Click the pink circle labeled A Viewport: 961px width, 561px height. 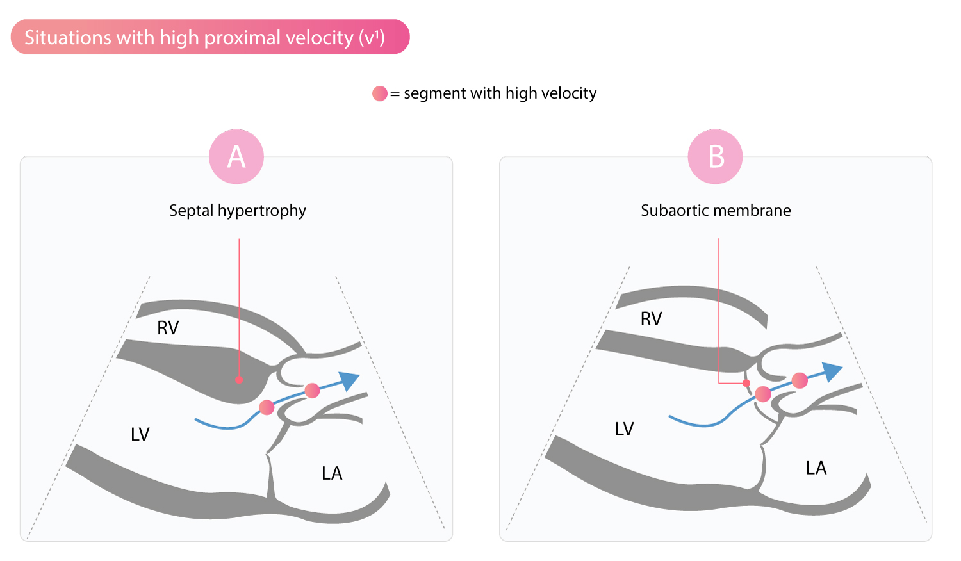(x=236, y=157)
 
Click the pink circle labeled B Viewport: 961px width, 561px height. (x=716, y=157)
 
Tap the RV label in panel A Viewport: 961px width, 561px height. (x=168, y=328)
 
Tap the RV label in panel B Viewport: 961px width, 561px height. (x=651, y=319)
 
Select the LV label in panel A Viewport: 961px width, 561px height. (x=140, y=435)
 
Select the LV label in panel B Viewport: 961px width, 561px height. (x=624, y=429)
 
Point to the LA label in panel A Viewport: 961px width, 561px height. (x=332, y=473)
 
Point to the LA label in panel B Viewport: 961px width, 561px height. (x=816, y=468)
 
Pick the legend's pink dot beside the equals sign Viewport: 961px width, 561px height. (x=380, y=93)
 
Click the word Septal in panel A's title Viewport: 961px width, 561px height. (x=191, y=211)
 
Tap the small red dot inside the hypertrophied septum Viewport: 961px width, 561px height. (x=239, y=380)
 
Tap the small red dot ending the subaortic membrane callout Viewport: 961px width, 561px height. (x=746, y=383)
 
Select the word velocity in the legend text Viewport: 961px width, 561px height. (x=569, y=93)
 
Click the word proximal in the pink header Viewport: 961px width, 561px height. (x=243, y=37)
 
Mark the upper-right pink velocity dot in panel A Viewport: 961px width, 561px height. (x=312, y=390)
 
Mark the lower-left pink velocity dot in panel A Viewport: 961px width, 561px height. (x=267, y=407)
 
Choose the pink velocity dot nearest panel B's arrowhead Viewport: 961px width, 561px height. (x=800, y=380)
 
